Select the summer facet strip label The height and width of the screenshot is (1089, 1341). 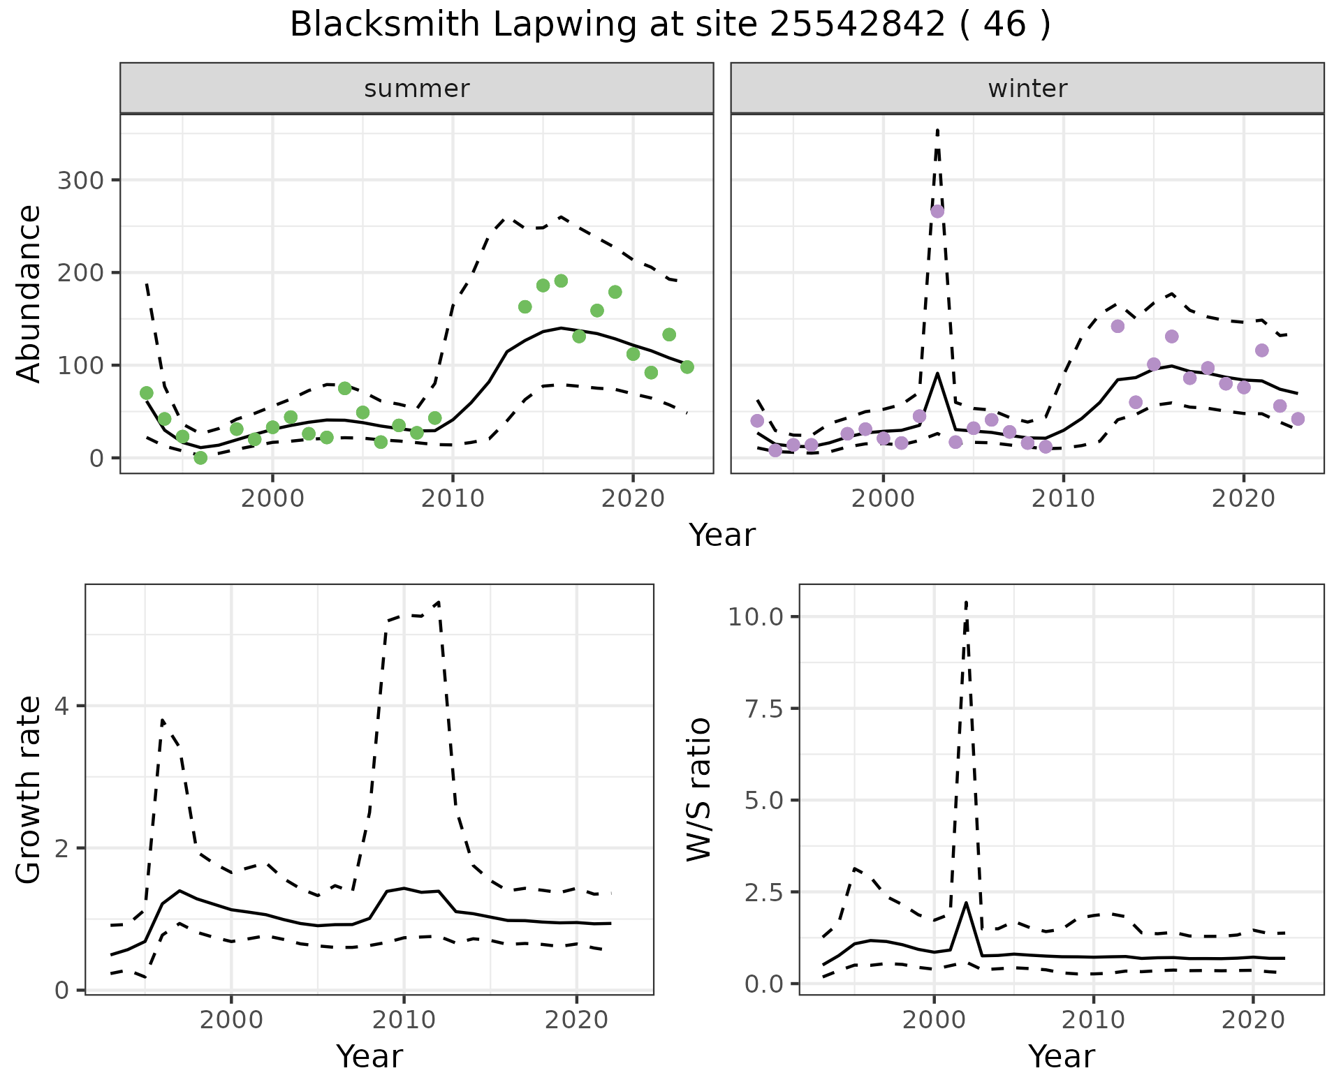[x=417, y=89]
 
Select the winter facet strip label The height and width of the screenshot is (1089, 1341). [x=1027, y=89]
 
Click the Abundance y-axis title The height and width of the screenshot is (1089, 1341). [x=29, y=294]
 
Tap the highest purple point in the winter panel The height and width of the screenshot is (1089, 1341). [x=937, y=212]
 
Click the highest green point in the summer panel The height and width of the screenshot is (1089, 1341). [x=561, y=281]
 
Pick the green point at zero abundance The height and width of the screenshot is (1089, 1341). [x=200, y=458]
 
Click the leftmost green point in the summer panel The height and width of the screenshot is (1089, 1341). [x=147, y=393]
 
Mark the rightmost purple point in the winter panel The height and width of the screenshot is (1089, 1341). [x=1298, y=419]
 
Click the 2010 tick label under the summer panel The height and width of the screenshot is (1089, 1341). [x=453, y=499]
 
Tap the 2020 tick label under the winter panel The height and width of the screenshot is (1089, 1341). [x=1243, y=499]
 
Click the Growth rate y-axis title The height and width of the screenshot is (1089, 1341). [x=29, y=790]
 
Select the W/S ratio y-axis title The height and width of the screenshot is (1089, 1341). [x=699, y=790]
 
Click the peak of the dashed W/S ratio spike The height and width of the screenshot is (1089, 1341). [x=966, y=602]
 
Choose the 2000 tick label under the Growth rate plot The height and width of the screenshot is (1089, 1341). [x=231, y=1020]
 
